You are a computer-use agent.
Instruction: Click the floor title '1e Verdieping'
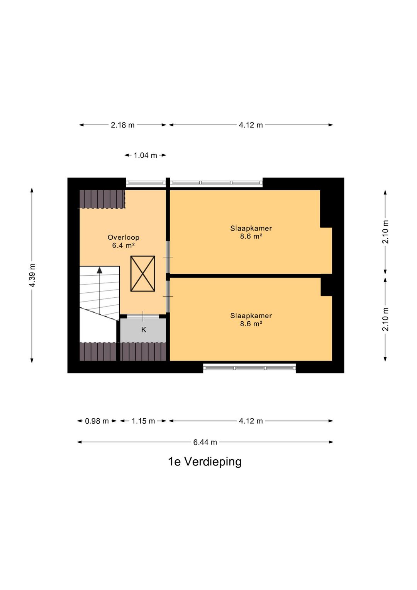click(x=205, y=462)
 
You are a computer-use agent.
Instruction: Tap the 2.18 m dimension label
click(x=123, y=125)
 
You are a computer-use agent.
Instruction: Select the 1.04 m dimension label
click(x=145, y=155)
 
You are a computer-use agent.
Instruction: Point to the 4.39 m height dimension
click(x=32, y=275)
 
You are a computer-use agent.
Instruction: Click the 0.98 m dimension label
click(x=97, y=421)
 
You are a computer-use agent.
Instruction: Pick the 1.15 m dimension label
click(x=143, y=421)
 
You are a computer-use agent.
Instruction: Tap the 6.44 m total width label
click(x=205, y=442)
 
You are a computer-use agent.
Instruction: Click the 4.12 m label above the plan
click(x=251, y=125)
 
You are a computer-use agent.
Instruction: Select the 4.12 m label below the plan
click(x=251, y=421)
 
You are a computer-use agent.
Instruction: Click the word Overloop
click(x=123, y=237)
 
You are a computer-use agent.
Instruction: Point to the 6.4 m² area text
click(x=123, y=246)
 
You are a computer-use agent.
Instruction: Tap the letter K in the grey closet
click(x=144, y=330)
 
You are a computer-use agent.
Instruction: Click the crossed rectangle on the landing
click(x=142, y=274)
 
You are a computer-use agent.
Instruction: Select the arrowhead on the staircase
click(x=100, y=270)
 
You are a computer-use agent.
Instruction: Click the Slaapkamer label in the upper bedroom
click(x=251, y=228)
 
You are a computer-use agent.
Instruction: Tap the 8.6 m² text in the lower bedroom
click(x=251, y=324)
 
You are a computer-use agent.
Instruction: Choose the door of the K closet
click(x=143, y=317)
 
